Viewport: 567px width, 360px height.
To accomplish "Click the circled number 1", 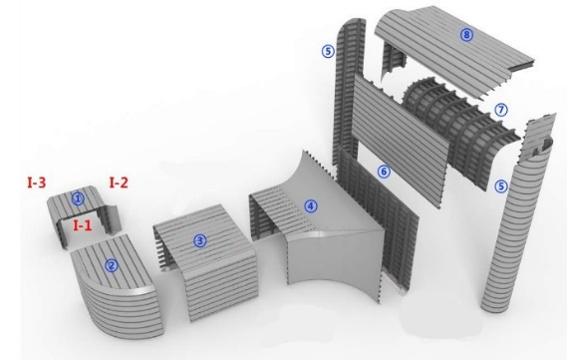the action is coord(78,198).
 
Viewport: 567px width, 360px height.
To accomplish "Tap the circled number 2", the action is coord(112,266).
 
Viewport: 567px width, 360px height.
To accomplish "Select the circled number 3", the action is coord(200,241).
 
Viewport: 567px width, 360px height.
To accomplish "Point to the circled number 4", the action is coord(311,206).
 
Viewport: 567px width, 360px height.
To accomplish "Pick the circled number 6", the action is coord(384,172).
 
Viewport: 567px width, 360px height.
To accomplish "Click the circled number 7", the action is coord(501,110).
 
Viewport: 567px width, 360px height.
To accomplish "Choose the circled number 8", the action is coord(466,35).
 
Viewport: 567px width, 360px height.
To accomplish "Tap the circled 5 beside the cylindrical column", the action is coord(501,186).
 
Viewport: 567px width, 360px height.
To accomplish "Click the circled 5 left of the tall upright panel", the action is coord(328,51).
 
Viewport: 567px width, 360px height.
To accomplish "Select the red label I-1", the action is coord(83,225).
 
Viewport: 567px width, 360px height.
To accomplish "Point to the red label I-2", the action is coord(119,182).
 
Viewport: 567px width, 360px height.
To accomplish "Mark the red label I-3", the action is coord(37,181).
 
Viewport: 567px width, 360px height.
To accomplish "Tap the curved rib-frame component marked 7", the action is coord(459,127).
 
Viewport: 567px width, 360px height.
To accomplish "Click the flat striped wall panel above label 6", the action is coord(402,140).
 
